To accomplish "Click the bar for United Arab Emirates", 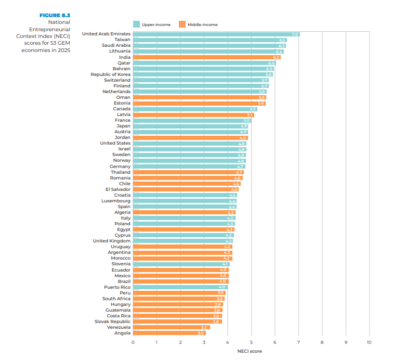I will pos(216,34).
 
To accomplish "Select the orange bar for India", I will pos(206,57).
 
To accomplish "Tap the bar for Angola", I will pos(169,333).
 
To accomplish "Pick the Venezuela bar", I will pos(171,327).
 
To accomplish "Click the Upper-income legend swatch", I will pos(137,24).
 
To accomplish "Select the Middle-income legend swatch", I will pos(182,24).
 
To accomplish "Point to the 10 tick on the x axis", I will pos(369,342).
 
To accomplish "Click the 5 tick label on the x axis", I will pos(251,342).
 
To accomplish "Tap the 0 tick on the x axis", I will pos(133,342).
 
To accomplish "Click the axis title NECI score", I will pos(251,351).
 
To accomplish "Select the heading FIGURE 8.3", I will pos(55,16).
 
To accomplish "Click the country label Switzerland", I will pos(117,80).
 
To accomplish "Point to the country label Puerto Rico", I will pos(117,287).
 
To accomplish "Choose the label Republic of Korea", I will pos(110,74).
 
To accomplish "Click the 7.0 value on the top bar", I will pos(295,34).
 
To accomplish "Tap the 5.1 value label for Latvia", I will pos(250,115).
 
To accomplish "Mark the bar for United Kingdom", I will pos(182,241).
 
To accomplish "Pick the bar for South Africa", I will pos(178,299).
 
